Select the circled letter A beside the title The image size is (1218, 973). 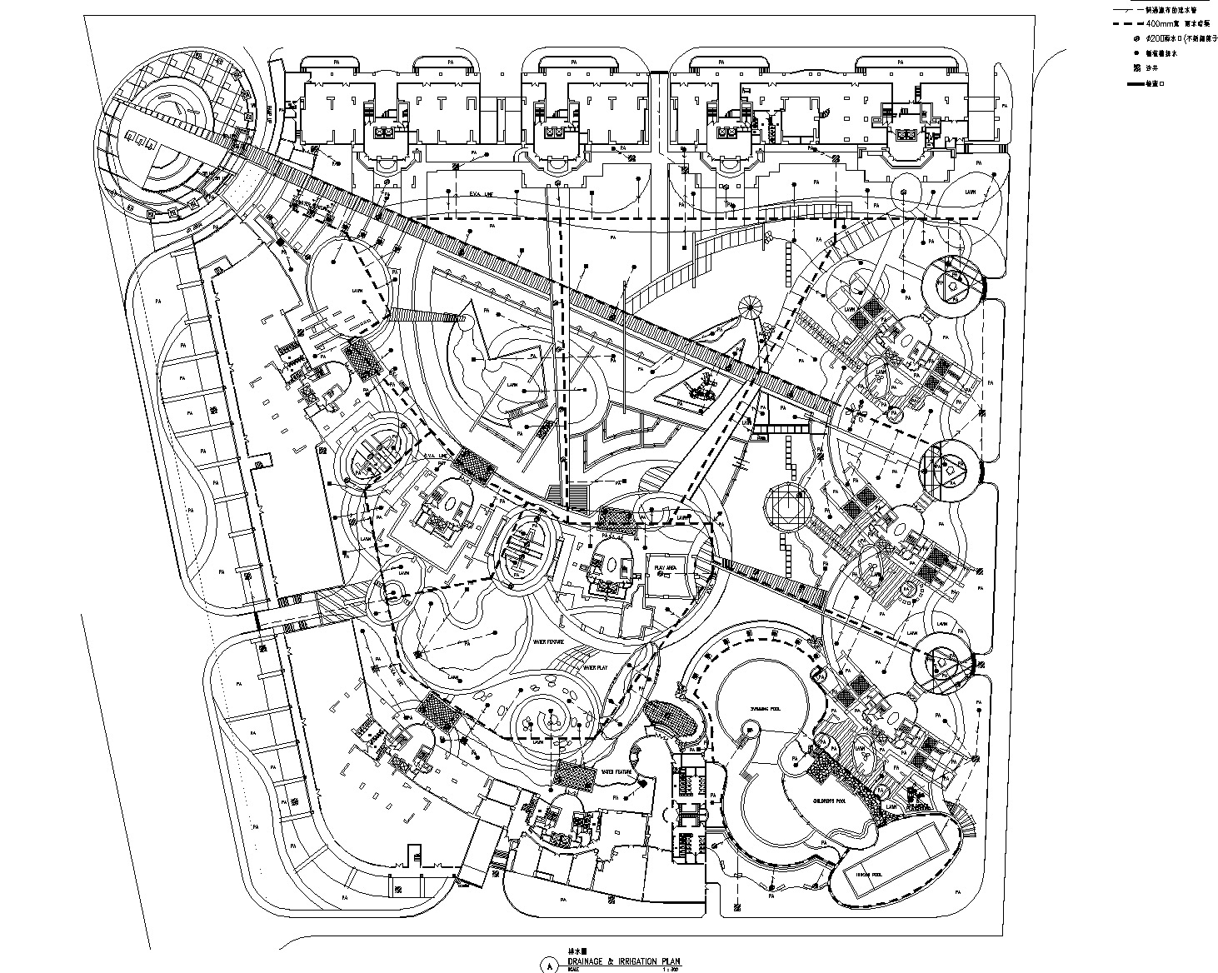point(547,965)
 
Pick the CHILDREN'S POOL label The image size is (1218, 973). point(831,798)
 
